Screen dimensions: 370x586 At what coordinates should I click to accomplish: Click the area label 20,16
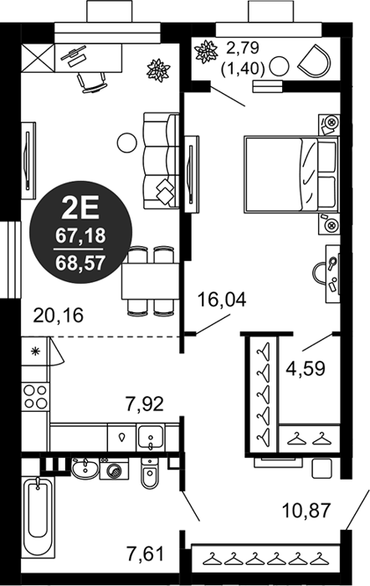(58, 316)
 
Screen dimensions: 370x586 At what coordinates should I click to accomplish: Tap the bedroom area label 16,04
(222, 300)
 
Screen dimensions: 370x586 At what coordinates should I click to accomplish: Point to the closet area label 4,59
(306, 368)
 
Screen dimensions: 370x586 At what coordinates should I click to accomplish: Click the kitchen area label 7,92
(144, 404)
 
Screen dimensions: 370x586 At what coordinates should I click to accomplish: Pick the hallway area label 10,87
(306, 511)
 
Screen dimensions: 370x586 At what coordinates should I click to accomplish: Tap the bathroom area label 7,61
(145, 553)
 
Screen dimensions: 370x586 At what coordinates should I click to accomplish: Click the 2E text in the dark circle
(80, 208)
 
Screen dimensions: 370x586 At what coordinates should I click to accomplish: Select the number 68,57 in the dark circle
(80, 263)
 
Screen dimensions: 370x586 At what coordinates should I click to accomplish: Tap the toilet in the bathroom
(150, 472)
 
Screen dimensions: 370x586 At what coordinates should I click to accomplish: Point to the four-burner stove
(35, 397)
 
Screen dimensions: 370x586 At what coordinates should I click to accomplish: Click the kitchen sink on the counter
(150, 437)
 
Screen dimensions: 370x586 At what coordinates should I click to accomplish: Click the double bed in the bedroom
(291, 174)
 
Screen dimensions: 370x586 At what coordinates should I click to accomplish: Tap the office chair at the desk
(91, 82)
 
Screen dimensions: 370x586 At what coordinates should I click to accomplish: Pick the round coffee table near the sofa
(126, 143)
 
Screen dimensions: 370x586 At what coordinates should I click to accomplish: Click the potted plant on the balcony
(206, 51)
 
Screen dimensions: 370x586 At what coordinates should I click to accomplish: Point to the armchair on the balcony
(315, 60)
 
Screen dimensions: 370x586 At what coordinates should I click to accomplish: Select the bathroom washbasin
(85, 468)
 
